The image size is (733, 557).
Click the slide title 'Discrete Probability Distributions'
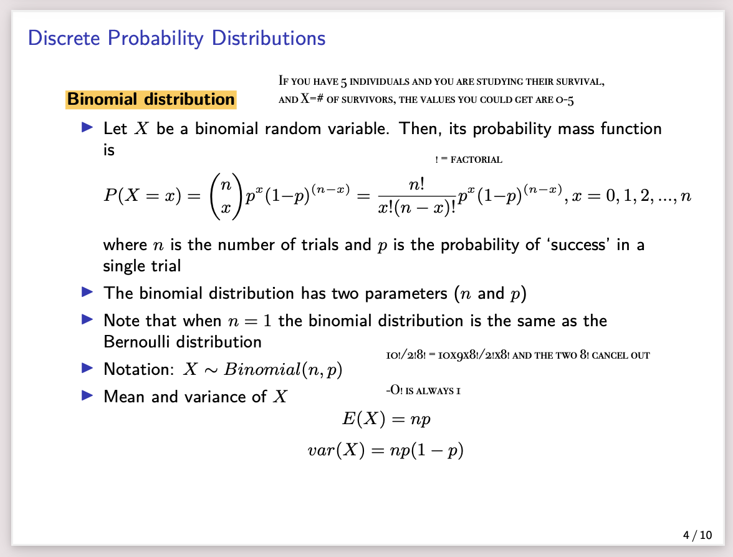[177, 38]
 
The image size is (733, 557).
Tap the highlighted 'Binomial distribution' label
[151, 99]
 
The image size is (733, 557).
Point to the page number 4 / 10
[697, 535]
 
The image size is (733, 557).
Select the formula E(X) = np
[386, 419]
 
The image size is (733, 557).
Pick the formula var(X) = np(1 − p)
[386, 450]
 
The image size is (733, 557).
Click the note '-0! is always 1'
[423, 392]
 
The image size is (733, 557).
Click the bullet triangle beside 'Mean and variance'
[88, 395]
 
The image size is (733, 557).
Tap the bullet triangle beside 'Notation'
[88, 368]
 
